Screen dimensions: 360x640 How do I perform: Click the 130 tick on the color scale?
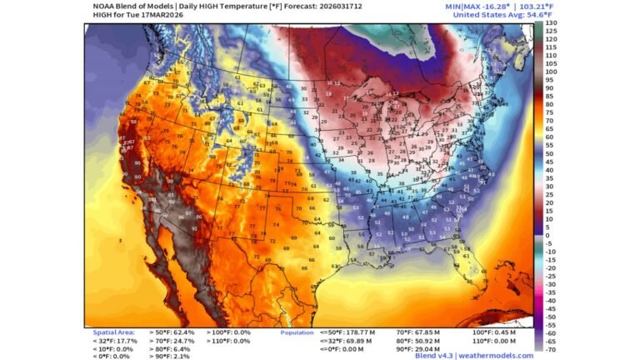[551, 22]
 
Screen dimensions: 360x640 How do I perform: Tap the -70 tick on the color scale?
[551, 349]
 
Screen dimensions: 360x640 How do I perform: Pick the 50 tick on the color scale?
[550, 153]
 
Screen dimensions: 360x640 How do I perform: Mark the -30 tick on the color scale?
[551, 284]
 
